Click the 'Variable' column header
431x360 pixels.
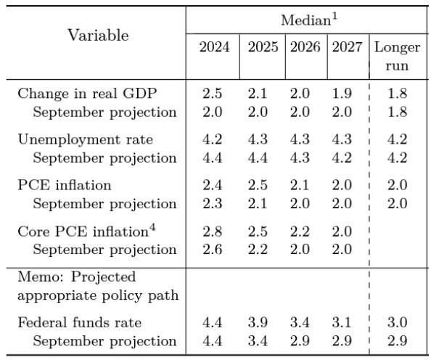coord(98,36)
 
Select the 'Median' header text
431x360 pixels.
coord(305,20)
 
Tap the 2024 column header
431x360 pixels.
coord(214,46)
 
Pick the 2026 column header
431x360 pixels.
coord(305,46)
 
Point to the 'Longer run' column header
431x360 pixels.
coord(397,57)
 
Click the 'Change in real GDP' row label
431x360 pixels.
coord(87,93)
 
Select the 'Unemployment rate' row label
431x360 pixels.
coord(85,139)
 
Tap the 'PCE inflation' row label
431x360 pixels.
coord(65,185)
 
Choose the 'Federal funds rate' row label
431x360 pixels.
coord(79,322)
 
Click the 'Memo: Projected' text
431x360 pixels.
coord(77,277)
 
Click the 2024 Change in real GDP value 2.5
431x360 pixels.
coord(212,93)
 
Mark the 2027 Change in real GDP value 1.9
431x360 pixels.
coord(342,93)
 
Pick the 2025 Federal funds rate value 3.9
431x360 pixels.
coord(258,322)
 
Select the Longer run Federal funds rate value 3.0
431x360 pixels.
coord(397,322)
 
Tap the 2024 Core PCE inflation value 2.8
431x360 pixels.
coord(212,231)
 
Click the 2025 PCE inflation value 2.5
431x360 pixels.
coord(258,185)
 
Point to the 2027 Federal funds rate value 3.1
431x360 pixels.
coord(342,322)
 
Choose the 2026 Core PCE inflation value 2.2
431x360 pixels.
coord(300,231)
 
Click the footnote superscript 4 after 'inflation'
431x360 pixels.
coord(152,227)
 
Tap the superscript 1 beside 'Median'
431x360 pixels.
coord(334,17)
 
